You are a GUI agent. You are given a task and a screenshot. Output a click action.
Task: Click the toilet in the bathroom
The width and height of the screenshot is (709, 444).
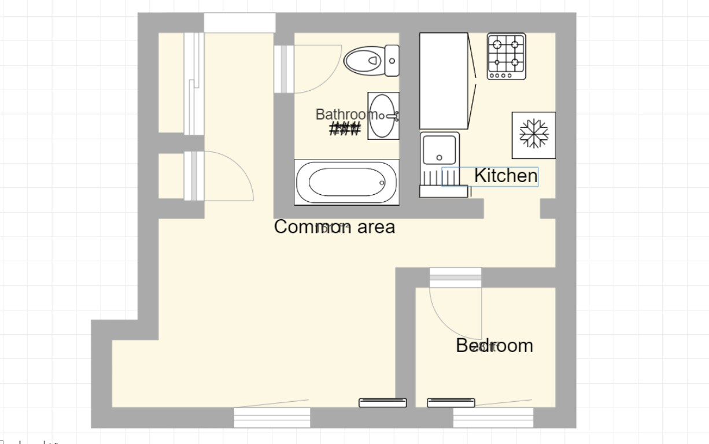click(x=370, y=60)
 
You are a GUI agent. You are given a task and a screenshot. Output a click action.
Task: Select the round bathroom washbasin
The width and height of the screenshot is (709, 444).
click(x=382, y=116)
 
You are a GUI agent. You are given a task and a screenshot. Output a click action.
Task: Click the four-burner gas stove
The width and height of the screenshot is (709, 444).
click(x=506, y=56)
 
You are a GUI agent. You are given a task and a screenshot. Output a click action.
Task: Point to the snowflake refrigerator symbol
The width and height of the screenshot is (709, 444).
click(x=533, y=135)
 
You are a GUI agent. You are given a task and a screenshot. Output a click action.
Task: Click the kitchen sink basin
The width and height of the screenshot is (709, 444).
click(x=440, y=149)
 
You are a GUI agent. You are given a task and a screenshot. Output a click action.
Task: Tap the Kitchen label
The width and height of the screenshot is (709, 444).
click(x=505, y=176)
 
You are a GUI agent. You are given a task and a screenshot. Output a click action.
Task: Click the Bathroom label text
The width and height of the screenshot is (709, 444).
click(x=346, y=114)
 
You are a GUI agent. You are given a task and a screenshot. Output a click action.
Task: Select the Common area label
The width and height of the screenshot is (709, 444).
click(x=334, y=227)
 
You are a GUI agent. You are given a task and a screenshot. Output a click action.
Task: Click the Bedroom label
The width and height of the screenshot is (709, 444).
click(x=494, y=346)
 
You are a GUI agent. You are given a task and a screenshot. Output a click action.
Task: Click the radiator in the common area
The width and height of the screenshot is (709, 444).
click(x=382, y=402)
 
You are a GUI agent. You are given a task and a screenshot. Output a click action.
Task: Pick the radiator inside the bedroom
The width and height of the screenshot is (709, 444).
click(x=450, y=402)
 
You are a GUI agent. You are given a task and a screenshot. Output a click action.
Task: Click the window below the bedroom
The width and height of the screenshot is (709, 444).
click(x=493, y=417)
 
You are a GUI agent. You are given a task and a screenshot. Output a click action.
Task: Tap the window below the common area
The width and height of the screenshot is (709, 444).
click(x=272, y=417)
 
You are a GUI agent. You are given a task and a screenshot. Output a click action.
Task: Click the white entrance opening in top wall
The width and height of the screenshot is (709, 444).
click(x=239, y=23)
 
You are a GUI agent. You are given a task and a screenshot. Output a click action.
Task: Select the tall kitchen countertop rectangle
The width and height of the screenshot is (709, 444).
click(x=443, y=81)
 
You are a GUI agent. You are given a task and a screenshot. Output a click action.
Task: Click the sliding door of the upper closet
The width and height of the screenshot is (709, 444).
click(x=194, y=84)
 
